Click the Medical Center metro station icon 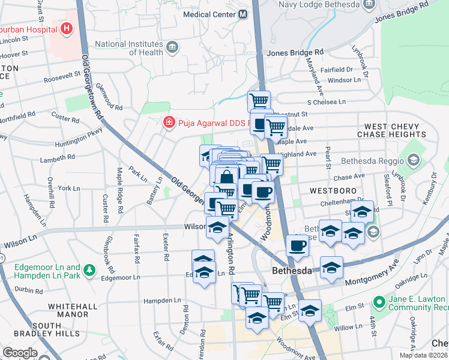pos(243,14)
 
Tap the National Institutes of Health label pos(129,48)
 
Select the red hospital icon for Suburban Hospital pos(66,28)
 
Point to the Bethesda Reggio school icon pos(413,160)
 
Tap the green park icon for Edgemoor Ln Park pos(89,269)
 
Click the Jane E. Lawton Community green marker pos(379,301)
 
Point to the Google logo pos(20,352)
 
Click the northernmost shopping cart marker pos(259,100)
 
